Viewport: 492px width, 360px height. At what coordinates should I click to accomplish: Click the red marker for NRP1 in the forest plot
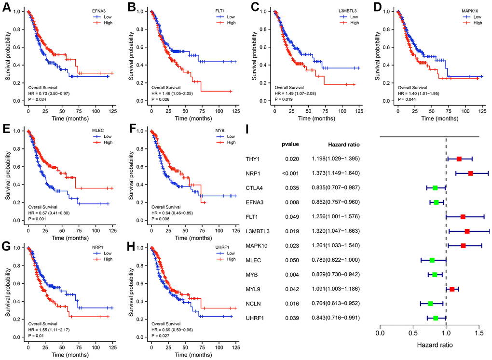[x=470, y=173]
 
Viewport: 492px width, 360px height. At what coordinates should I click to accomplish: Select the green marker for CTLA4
[x=435, y=187]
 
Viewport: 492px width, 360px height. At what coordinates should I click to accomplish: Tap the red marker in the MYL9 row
[x=452, y=289]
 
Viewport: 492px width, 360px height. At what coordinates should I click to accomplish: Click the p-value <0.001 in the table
[x=291, y=173]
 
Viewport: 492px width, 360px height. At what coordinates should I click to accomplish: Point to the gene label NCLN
[x=254, y=304]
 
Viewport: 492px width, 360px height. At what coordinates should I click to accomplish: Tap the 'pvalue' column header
[x=291, y=144]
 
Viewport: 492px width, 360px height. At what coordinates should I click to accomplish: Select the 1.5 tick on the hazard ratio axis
[x=479, y=333]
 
